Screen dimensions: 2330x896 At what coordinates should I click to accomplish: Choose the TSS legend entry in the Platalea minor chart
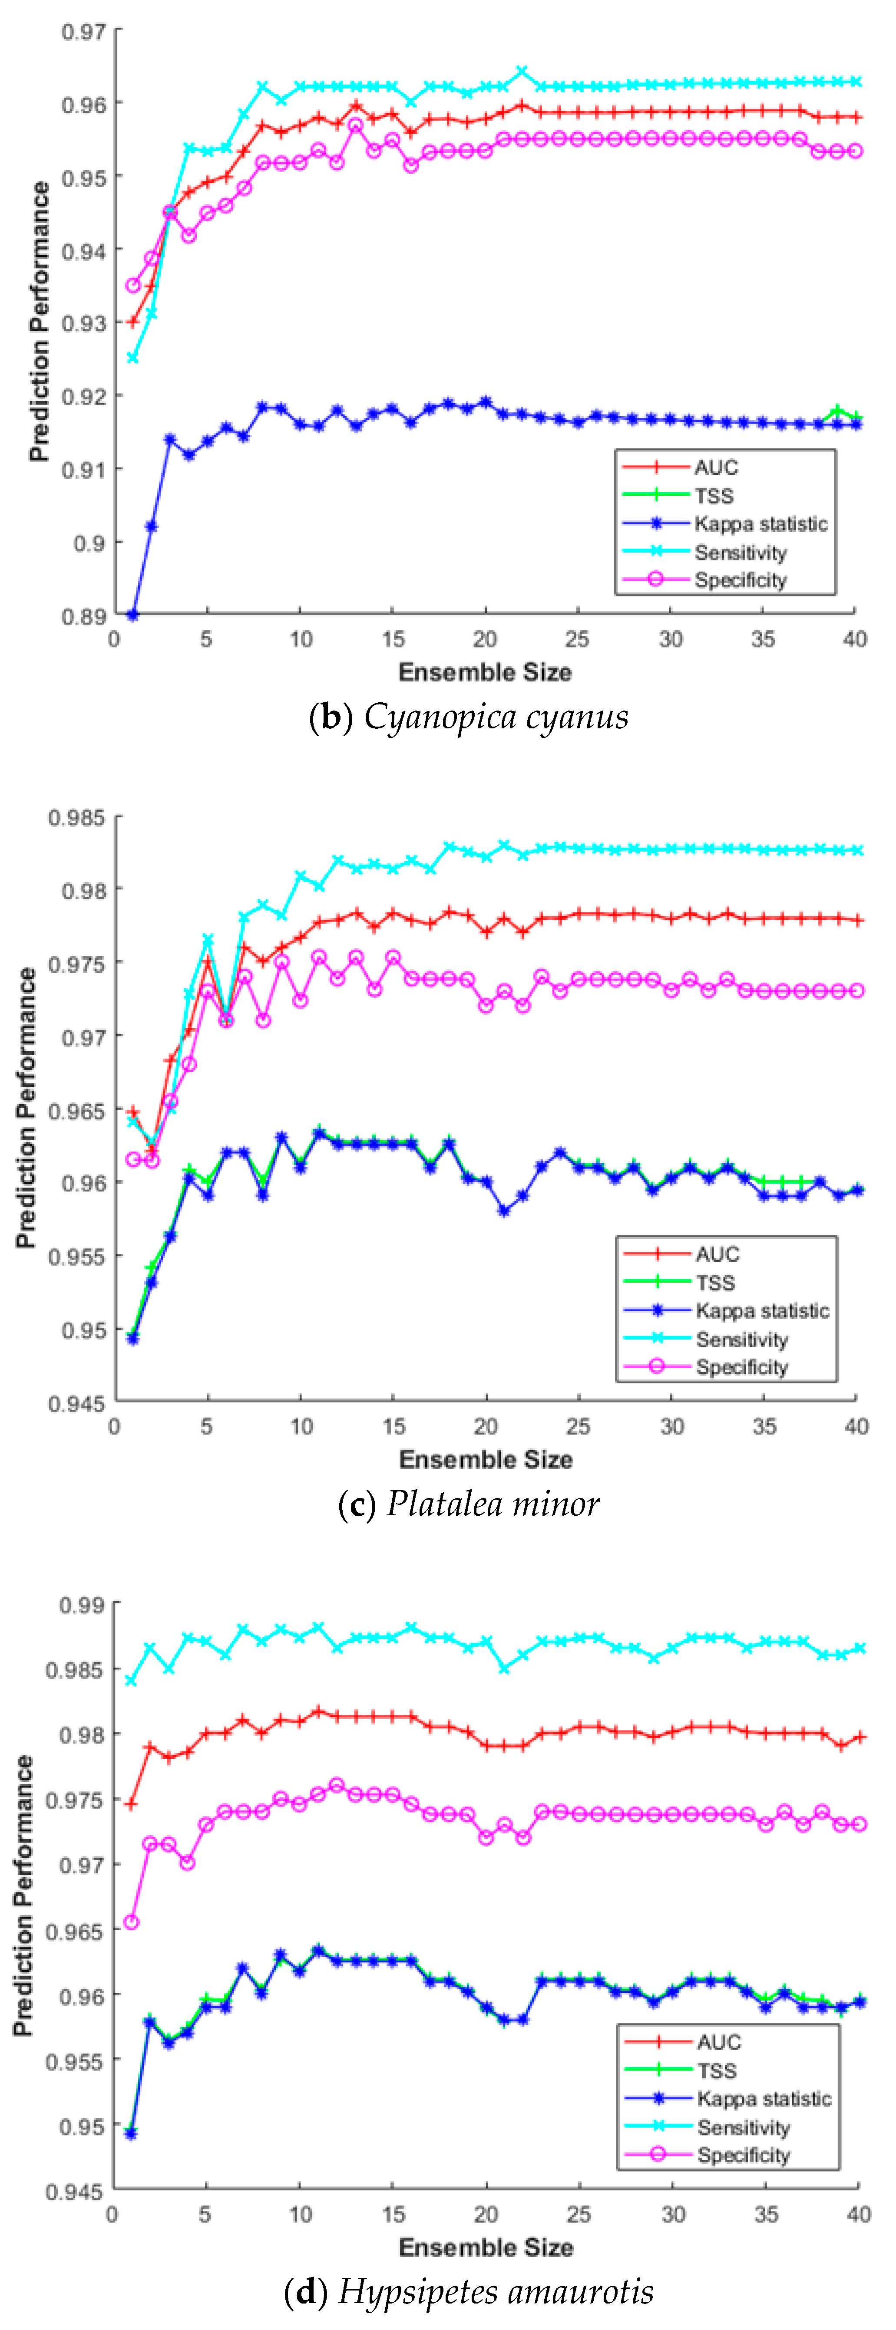715,1283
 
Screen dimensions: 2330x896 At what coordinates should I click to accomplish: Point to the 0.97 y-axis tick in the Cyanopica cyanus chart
83,32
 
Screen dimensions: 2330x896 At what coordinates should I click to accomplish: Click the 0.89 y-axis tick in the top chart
83,616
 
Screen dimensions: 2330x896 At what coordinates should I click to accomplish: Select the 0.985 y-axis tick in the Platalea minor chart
77,818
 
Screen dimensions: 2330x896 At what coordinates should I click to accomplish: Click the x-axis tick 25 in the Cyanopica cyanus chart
577,639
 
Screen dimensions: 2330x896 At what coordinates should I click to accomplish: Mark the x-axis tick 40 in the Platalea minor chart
856,1426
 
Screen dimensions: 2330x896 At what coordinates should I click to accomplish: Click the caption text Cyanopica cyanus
496,716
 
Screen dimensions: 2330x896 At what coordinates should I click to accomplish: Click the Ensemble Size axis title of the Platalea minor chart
486,1459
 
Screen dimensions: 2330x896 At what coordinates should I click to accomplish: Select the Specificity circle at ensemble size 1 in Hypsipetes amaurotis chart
131,1922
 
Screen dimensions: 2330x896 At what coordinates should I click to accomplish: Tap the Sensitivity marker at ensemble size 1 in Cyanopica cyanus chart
133,358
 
